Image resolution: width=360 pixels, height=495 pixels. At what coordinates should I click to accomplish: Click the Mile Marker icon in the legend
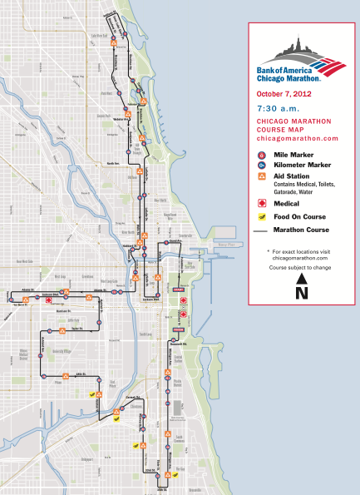263,155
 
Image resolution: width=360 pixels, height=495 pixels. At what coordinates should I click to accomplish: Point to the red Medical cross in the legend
263,202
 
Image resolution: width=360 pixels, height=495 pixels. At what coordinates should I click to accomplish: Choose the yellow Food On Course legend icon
263,216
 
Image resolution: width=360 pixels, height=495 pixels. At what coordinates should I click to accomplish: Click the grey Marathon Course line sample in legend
264,230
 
